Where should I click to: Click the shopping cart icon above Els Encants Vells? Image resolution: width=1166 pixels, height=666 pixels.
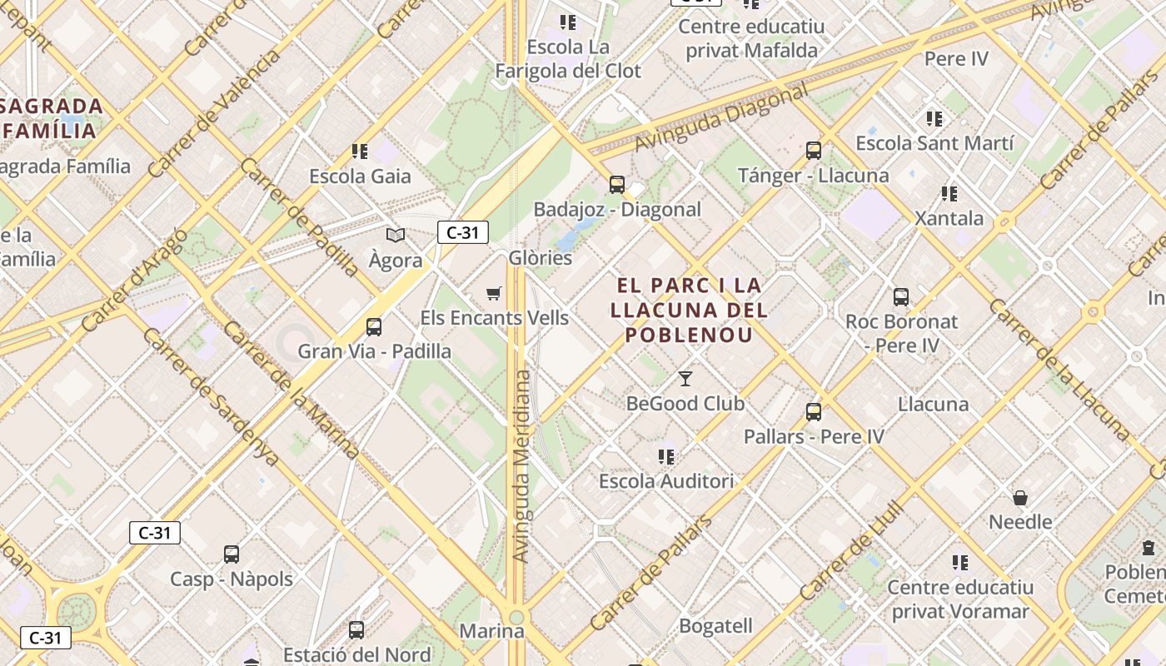(494, 293)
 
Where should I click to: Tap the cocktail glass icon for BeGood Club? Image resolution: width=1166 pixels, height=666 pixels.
(685, 379)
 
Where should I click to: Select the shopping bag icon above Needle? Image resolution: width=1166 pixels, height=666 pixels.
(1020, 498)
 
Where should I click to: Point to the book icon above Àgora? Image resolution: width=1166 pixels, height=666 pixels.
(396, 236)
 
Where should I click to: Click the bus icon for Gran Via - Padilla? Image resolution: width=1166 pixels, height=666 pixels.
(374, 326)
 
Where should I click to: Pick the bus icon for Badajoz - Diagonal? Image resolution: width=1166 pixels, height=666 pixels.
(617, 185)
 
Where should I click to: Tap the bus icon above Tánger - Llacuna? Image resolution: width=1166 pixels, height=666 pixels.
(814, 151)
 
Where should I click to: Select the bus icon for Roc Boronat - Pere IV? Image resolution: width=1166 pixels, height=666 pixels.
(901, 296)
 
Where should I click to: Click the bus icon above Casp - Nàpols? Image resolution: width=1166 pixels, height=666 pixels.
(232, 554)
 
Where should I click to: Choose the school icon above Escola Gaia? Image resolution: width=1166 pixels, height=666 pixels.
(360, 152)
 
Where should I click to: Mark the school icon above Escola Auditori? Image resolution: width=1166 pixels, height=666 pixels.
(666, 456)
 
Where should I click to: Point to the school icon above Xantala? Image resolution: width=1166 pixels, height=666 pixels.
(949, 194)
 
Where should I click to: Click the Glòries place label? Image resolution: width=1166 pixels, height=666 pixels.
(541, 258)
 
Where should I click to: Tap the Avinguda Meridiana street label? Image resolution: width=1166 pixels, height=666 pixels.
(521, 466)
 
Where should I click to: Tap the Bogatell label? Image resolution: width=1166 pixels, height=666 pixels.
(715, 626)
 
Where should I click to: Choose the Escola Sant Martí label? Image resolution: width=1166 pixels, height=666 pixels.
(934, 143)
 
